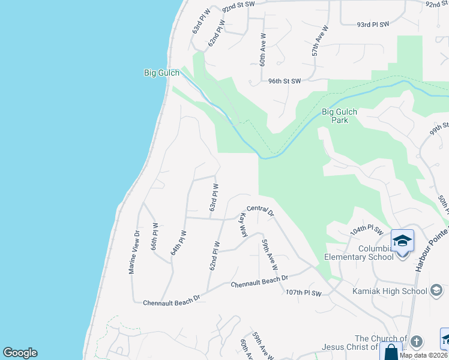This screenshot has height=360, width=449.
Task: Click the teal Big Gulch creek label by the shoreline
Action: (161, 73)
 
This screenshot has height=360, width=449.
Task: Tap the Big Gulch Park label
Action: (340, 115)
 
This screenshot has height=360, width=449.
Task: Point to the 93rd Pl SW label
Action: (373, 25)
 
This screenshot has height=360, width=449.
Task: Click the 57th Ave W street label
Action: (321, 41)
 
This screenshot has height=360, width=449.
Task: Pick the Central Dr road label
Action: (260, 209)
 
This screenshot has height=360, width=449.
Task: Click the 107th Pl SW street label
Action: (304, 293)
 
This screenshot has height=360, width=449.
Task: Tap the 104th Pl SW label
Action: (367, 230)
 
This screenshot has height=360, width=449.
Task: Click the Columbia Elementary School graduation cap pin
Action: (402, 241)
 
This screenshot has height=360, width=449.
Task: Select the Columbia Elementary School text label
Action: (359, 253)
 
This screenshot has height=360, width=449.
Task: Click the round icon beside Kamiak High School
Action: (437, 292)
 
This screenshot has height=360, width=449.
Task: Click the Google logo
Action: (20, 353)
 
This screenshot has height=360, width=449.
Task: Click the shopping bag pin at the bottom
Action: (391, 351)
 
